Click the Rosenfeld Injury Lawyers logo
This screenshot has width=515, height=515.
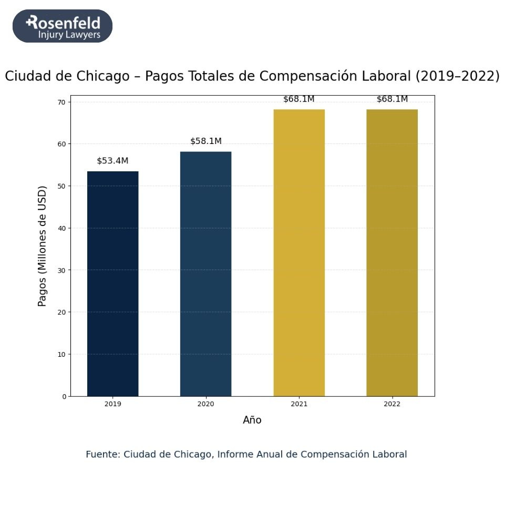click(x=63, y=26)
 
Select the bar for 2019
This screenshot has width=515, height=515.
click(x=112, y=284)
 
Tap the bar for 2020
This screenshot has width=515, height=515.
click(x=205, y=274)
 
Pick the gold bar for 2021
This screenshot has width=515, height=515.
click(x=299, y=253)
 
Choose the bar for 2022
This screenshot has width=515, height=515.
click(x=392, y=253)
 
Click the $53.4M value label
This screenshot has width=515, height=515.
click(x=112, y=161)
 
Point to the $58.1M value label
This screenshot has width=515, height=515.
click(x=205, y=141)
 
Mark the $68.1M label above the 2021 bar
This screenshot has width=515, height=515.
click(x=298, y=99)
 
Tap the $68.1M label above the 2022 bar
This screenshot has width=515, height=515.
click(x=392, y=99)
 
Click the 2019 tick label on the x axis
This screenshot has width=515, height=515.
click(x=112, y=404)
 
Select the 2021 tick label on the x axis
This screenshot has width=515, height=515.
click(x=299, y=404)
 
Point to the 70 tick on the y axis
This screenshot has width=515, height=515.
click(x=63, y=102)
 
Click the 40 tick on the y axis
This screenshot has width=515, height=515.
click(x=63, y=228)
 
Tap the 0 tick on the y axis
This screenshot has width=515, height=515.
click(x=65, y=396)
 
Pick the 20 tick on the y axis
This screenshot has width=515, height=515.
click(x=63, y=312)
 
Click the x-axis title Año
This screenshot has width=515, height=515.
click(x=252, y=420)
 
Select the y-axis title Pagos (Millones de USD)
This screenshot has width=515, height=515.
click(x=43, y=245)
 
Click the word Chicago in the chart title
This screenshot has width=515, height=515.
click(x=104, y=76)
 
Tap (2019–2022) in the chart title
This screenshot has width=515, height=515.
click(x=457, y=76)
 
